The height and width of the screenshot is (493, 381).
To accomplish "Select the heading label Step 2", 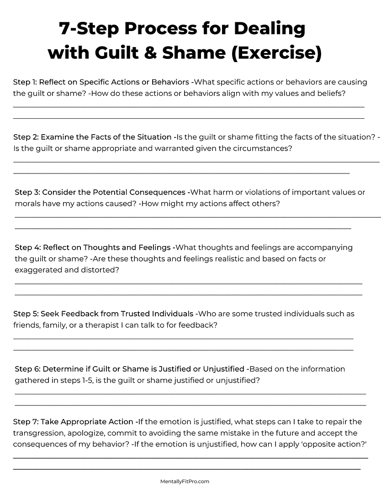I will (x=25, y=137).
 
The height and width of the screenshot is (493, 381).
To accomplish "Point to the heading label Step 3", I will (x=26, y=192).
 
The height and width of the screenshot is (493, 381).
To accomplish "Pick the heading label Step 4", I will (x=26, y=247).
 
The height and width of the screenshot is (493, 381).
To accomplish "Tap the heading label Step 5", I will (x=25, y=314).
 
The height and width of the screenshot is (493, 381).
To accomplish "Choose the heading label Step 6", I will (x=26, y=369).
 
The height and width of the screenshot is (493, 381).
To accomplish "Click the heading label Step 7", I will (x=25, y=422).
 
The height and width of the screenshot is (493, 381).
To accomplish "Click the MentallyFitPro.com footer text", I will (x=185, y=481).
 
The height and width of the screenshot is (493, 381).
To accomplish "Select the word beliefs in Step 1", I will (x=330, y=93).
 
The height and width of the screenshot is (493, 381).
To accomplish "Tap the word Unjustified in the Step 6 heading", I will (x=222, y=369).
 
